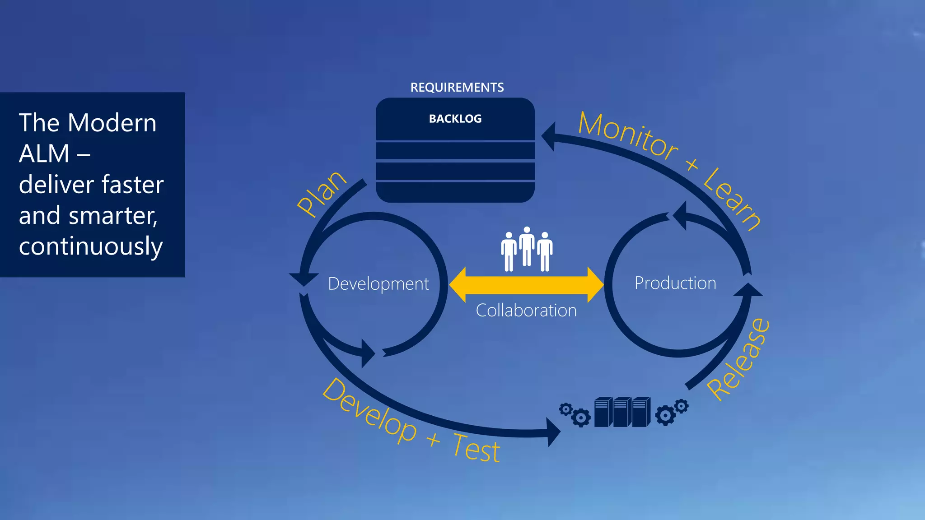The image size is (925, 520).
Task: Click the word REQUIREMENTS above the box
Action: tap(457, 87)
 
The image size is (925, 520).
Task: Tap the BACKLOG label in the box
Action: tap(455, 119)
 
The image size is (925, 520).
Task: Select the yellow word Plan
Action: tap(321, 194)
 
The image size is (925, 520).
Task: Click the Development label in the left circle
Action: tap(378, 284)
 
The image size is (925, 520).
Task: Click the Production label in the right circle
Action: tap(675, 283)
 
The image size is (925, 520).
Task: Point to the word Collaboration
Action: tap(526, 311)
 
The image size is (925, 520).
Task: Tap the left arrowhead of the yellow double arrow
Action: tap(458, 285)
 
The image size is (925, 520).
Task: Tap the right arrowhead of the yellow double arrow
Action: tap(595, 285)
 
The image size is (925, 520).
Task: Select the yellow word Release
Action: tap(738, 359)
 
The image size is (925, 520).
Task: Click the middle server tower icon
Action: tap(622, 412)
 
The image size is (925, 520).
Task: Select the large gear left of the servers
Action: tap(580, 418)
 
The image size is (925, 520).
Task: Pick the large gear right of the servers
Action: tap(665, 415)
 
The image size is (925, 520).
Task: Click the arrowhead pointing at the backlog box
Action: tap(549, 136)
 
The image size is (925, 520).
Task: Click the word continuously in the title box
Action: tap(91, 246)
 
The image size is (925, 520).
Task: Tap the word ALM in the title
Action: tap(44, 154)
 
